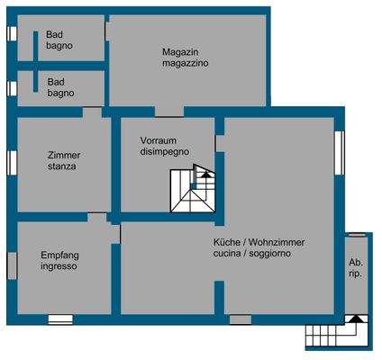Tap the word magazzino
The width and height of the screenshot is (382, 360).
coord(186,64)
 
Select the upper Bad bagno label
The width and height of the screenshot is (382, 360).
coord(60,40)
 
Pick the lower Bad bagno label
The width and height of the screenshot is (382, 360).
coord(60,86)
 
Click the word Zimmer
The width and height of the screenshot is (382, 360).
coord(64,155)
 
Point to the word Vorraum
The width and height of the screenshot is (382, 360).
coord(159,140)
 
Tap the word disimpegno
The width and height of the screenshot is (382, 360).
coord(164,152)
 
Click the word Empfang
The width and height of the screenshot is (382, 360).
coord(59,255)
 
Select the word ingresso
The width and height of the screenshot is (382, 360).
coord(59,266)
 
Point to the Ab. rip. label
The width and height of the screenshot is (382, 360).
coord(356,266)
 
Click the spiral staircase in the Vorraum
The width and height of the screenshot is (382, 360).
coord(195,190)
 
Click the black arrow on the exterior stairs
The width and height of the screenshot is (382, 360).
coord(357,319)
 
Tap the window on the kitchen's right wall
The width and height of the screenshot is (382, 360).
coord(340,154)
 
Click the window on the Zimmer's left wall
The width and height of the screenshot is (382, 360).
coord(12,161)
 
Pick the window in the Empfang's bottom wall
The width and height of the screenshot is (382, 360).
coord(60,319)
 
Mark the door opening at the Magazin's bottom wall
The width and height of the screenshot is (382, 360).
coord(168,112)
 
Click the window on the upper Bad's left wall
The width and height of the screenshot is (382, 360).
coord(12,33)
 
